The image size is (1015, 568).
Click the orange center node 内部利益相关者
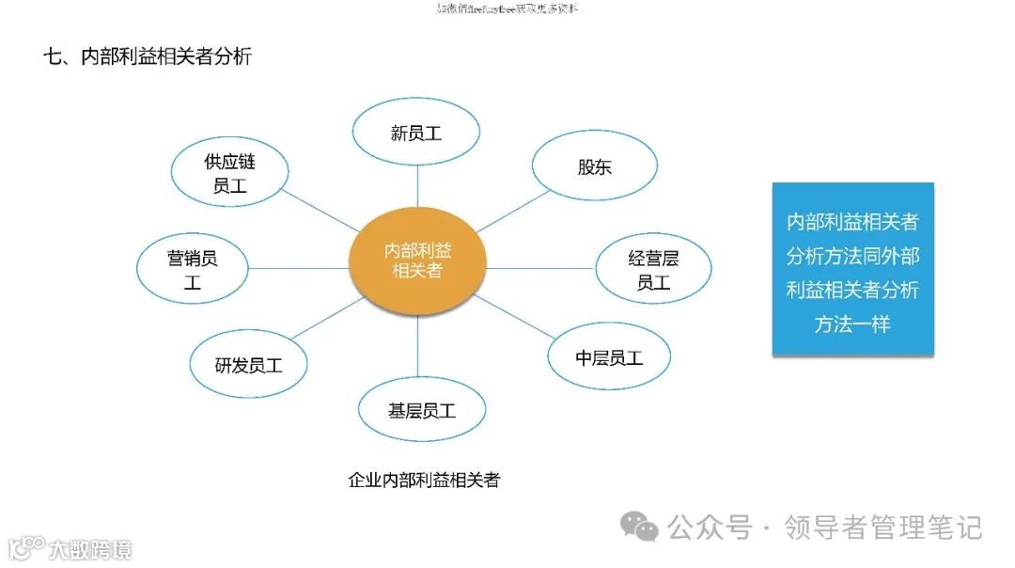tap(418, 260)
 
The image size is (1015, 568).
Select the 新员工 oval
tap(416, 133)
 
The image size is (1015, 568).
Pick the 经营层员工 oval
tap(653, 269)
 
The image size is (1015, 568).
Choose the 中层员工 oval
tap(609, 358)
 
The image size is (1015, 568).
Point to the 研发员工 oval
tap(248, 365)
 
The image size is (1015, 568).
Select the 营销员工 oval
tap(193, 269)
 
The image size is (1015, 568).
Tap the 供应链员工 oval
tap(229, 174)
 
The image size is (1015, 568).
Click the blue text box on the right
tap(852, 269)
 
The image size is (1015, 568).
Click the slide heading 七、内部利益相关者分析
tap(148, 56)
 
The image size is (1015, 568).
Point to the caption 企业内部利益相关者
tap(424, 481)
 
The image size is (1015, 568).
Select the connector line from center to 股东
tap(512, 213)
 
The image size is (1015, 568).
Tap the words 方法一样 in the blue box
tap(851, 324)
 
